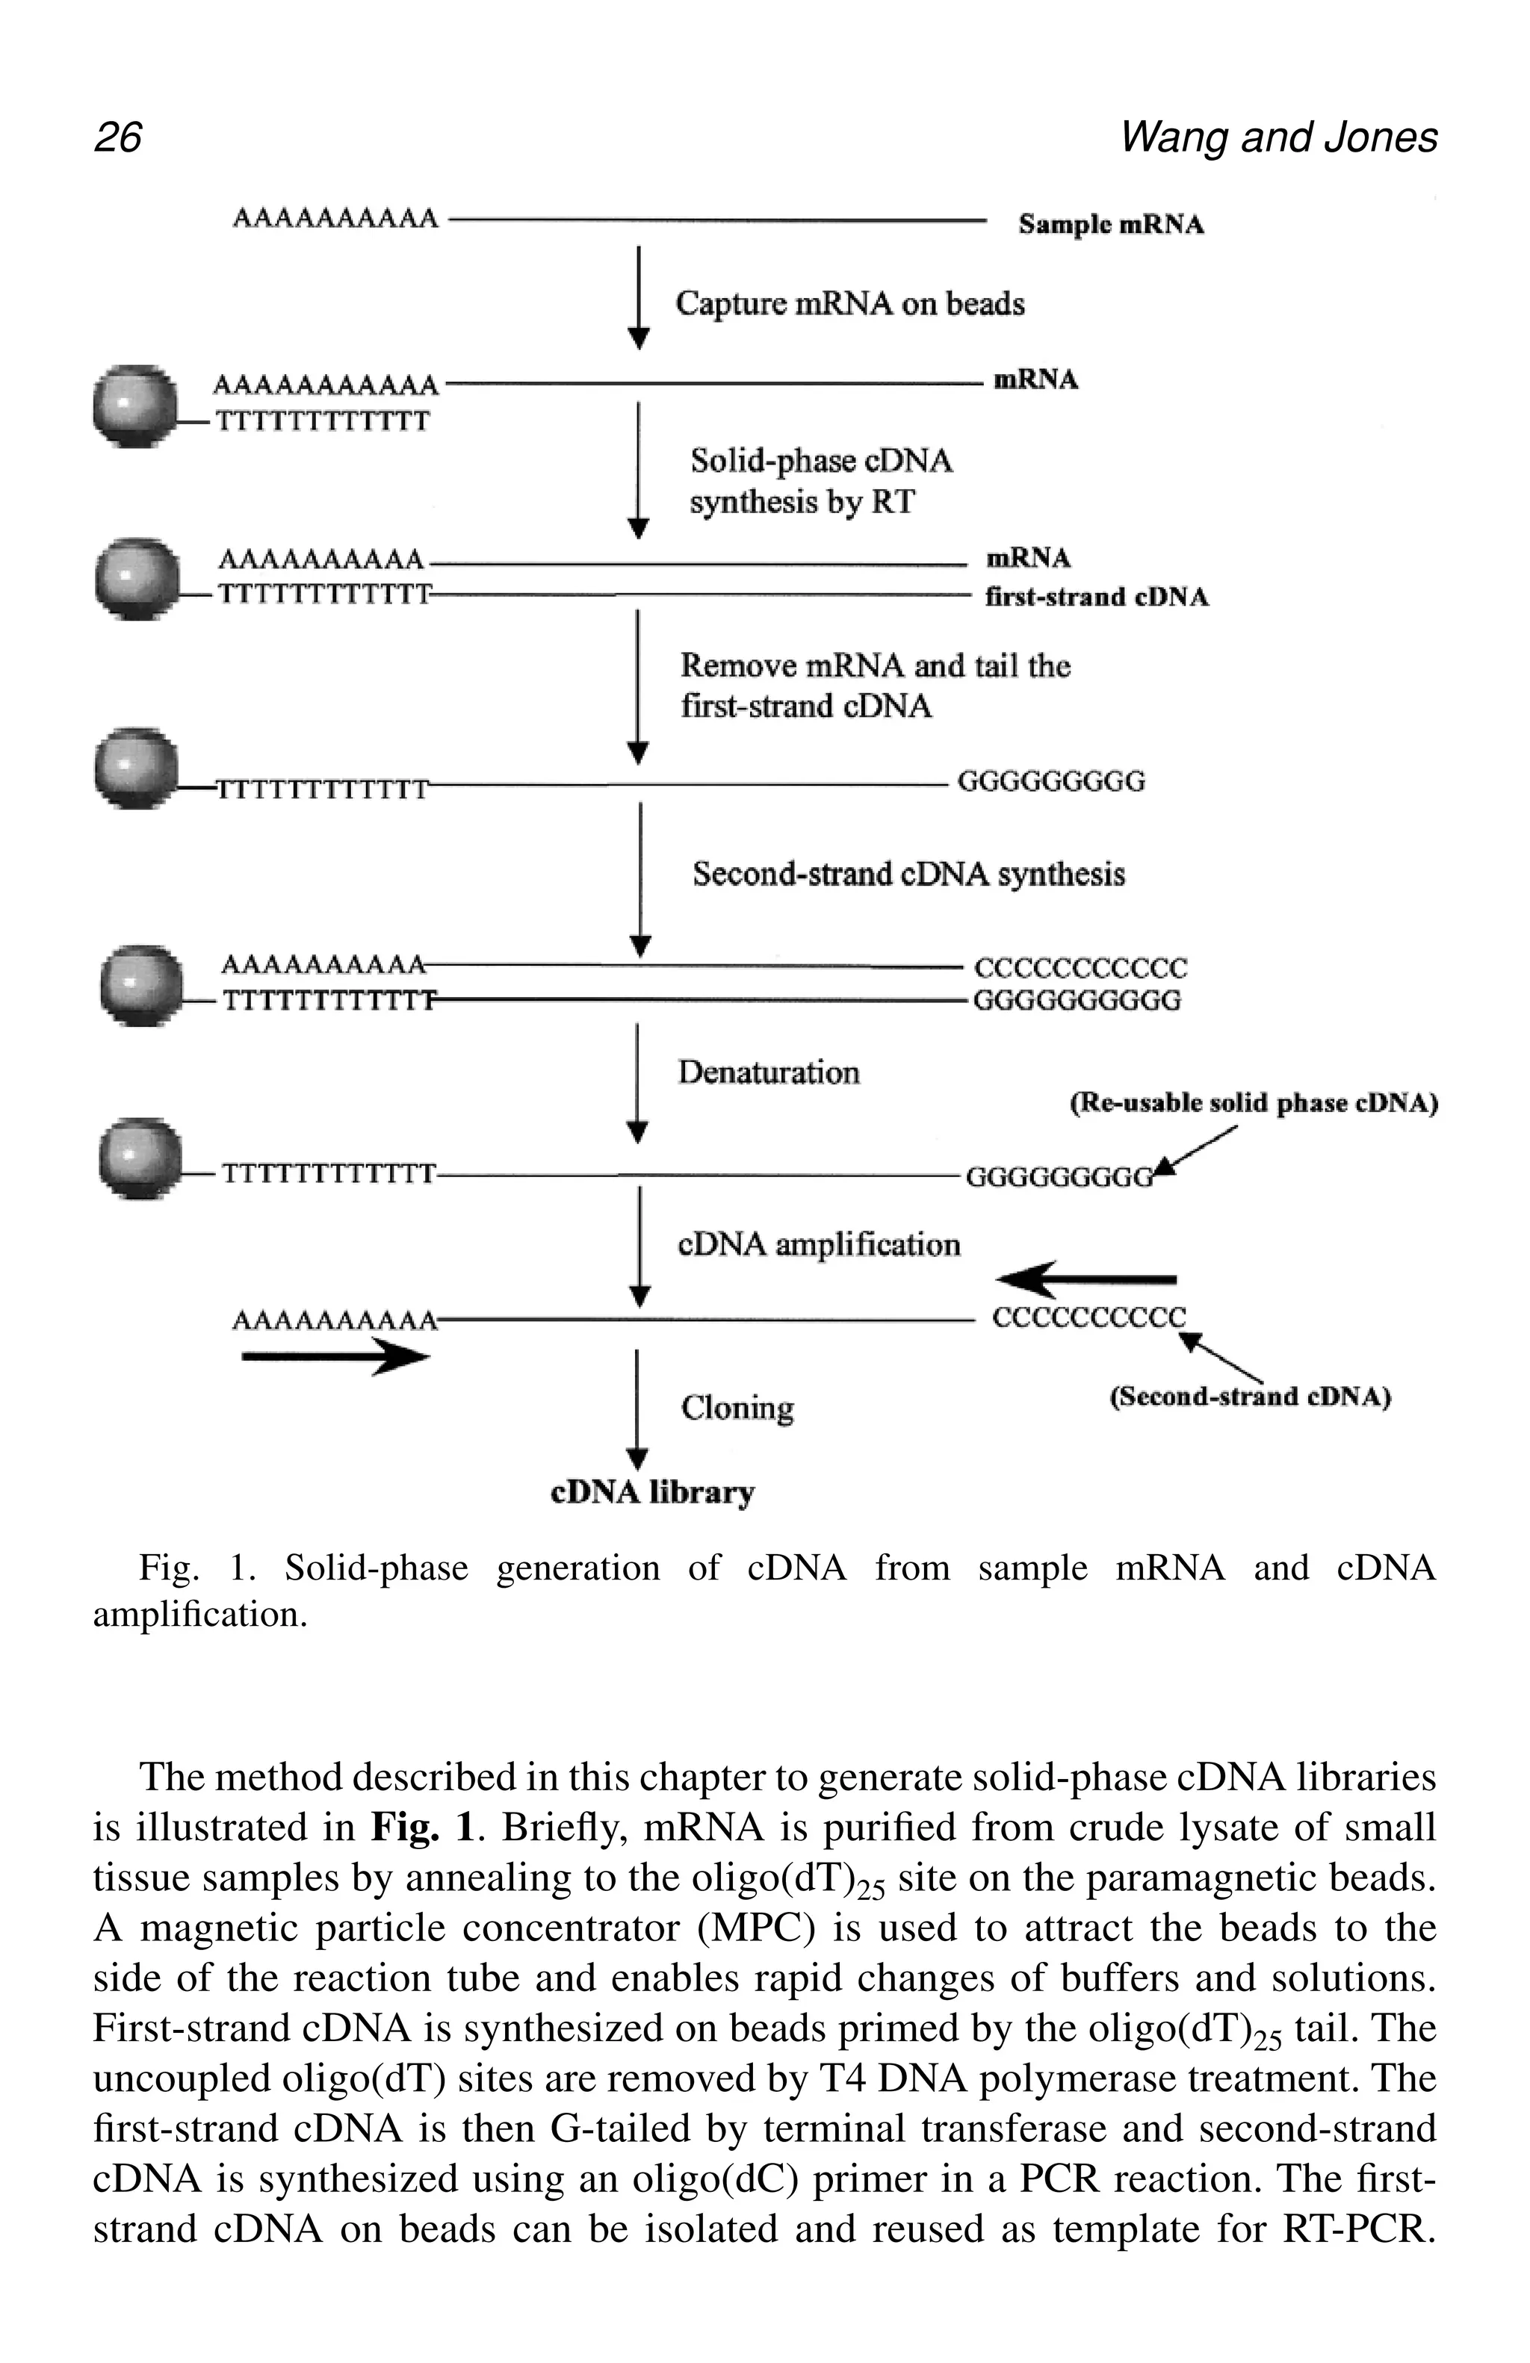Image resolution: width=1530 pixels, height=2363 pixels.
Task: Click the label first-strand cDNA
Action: coord(1095,597)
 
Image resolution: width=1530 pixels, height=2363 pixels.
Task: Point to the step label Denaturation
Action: coord(767,1072)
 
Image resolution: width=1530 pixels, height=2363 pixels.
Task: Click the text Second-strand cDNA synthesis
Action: coord(908,874)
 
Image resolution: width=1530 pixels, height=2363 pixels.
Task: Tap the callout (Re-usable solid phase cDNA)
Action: coord(1253,1103)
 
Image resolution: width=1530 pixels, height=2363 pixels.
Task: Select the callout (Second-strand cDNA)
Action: coord(1249,1397)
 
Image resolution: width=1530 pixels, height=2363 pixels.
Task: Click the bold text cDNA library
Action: coord(652,1492)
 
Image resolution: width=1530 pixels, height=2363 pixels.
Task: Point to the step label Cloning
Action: coord(737,1408)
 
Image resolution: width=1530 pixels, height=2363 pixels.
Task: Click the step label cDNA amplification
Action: coord(818,1244)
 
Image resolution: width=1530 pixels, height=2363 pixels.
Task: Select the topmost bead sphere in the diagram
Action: coord(134,405)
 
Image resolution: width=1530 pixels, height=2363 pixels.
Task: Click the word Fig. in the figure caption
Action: coord(168,1568)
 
